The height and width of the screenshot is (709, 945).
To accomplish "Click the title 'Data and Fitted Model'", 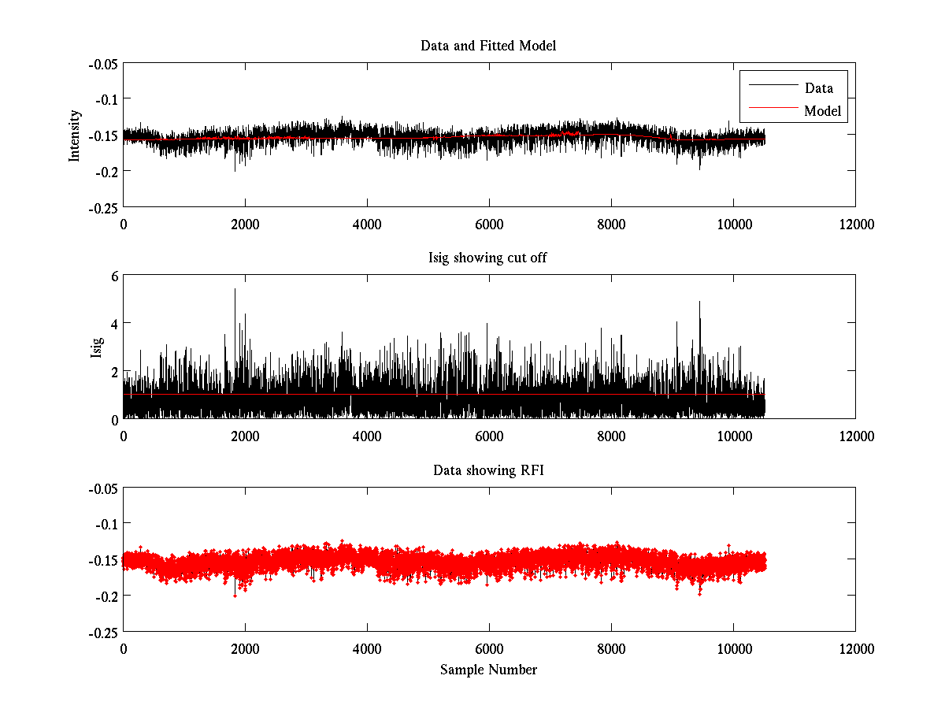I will coord(488,46).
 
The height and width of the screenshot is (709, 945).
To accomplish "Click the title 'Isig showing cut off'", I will coord(488,258).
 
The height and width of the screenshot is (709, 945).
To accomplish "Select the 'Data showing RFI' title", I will coord(488,470).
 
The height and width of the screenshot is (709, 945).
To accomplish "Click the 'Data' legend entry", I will coord(818,88).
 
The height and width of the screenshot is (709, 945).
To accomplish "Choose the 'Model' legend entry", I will coord(822,112).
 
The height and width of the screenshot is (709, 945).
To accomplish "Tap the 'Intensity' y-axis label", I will coord(75,135).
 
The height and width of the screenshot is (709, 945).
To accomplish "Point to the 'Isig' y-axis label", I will coord(97,347).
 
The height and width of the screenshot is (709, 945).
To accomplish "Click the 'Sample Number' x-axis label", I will coord(488,670).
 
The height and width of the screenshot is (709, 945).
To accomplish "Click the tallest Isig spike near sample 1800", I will coord(235,290).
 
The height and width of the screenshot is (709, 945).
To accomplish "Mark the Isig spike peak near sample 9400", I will coord(699,302).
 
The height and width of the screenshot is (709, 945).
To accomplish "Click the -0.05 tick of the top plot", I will coord(102,64).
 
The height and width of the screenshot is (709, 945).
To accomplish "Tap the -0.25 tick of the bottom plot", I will coord(102,632).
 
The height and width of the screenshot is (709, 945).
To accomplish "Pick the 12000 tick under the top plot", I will coord(855,224).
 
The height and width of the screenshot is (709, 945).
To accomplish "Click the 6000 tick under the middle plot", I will coord(489,436).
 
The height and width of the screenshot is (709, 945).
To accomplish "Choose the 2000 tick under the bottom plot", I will coord(245,649).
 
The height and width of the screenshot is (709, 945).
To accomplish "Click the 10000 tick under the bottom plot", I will coord(733,649).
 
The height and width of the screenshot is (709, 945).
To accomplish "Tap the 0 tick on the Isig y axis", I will coord(114,419).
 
